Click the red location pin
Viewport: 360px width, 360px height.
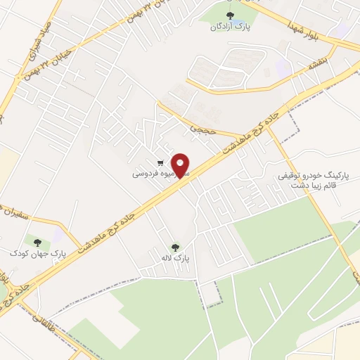[x=181, y=165]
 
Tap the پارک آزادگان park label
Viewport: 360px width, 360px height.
[x=229, y=27]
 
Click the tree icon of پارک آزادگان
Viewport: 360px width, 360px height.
[x=229, y=15]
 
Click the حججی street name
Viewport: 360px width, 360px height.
[x=200, y=127]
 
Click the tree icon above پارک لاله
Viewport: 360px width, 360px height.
[x=175, y=247]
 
